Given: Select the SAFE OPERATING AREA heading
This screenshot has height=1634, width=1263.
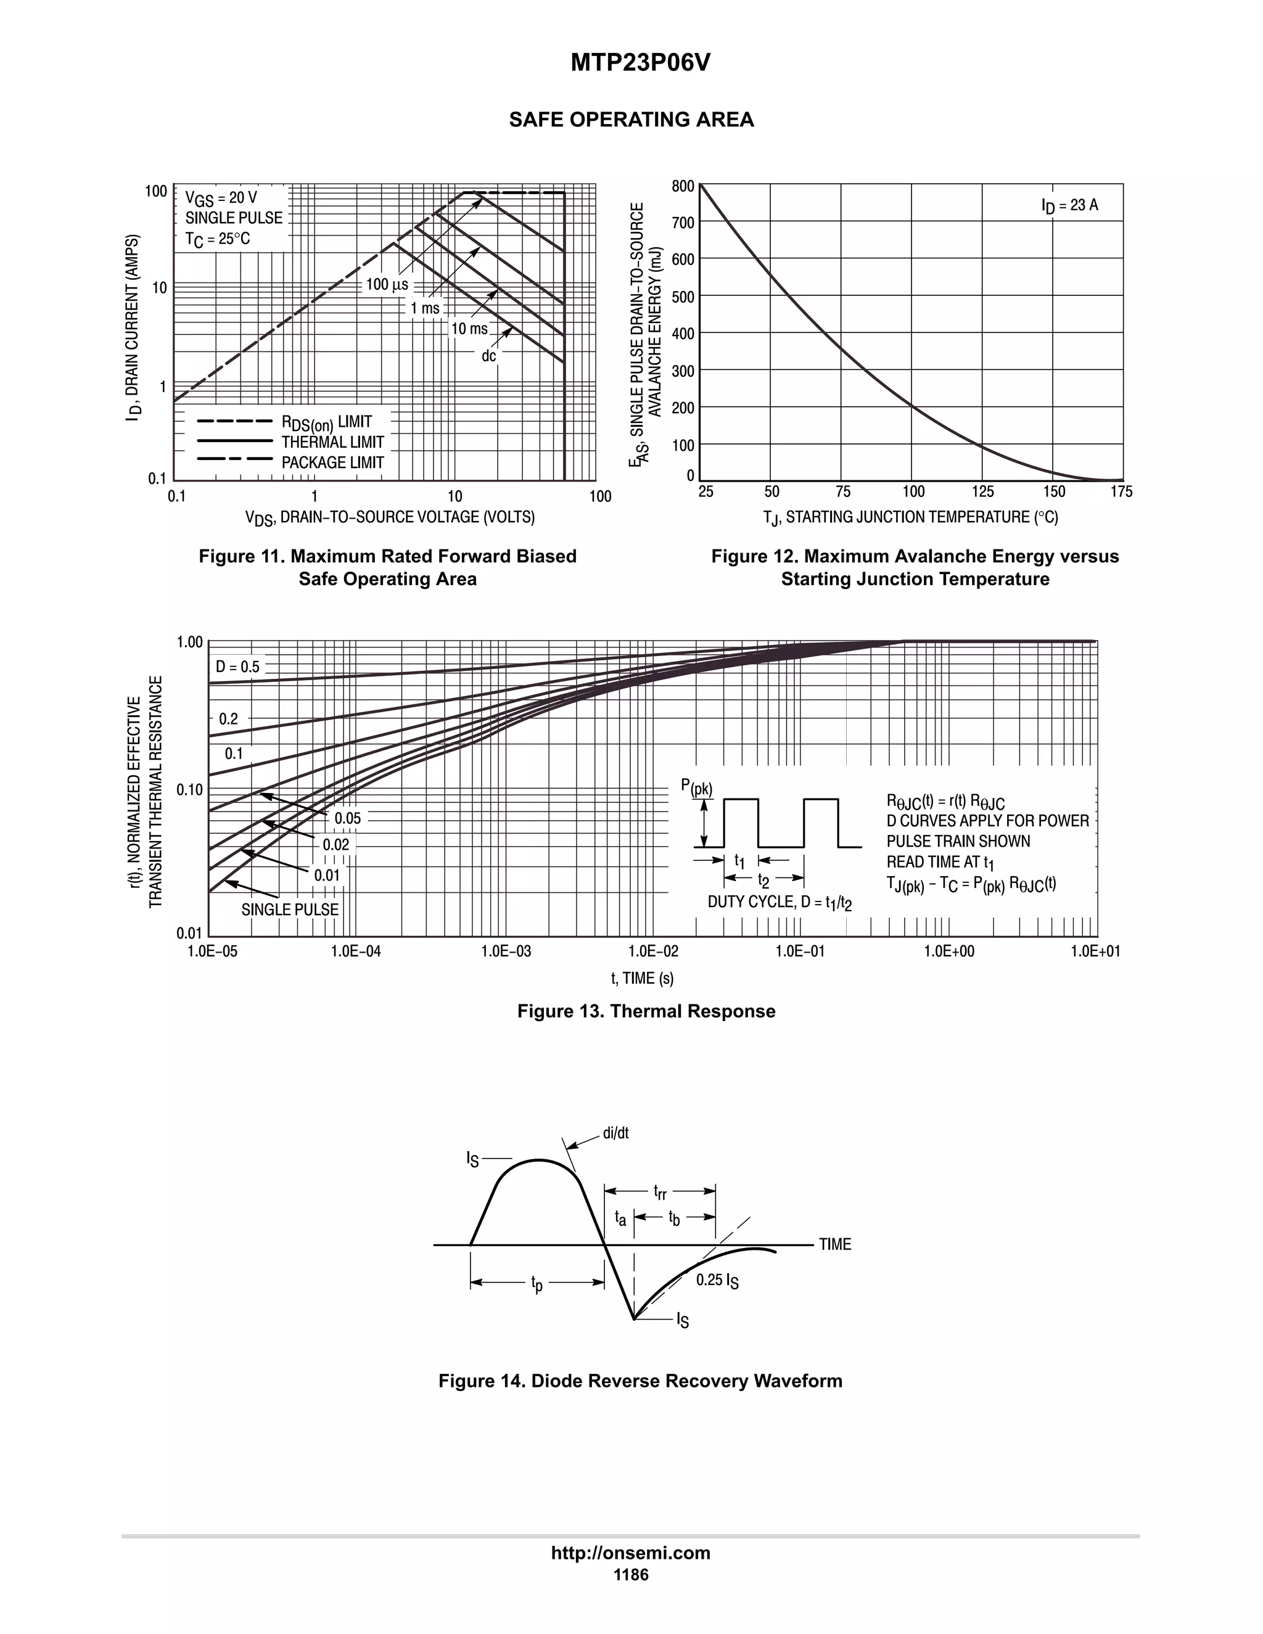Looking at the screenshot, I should pos(631,120).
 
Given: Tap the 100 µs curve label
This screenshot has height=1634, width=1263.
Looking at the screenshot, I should pos(387,284).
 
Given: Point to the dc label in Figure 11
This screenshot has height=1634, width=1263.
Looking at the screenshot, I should pos(488,356).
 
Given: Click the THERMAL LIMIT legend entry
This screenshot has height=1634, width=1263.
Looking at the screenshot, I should pos(332,442).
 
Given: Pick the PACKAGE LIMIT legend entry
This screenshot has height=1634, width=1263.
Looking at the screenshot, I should pos(332,462).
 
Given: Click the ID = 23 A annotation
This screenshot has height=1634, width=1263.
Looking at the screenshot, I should pos(1070,205).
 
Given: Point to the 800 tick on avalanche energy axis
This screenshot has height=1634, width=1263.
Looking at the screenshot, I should pos(683,186).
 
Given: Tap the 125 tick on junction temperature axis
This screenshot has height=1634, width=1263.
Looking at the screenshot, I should pos(982,491).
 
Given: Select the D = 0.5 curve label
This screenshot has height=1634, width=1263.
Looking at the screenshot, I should pos(238,667).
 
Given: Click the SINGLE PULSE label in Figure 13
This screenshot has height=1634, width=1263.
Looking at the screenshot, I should pos(290,909).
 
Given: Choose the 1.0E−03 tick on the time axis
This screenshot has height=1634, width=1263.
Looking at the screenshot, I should pos(506,951).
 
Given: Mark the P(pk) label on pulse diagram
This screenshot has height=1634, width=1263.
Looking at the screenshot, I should pos(697,787).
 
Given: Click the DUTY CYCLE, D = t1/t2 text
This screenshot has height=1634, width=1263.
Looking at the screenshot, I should pos(780,902).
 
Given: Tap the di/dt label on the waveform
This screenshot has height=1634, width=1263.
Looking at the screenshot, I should pos(616,1133).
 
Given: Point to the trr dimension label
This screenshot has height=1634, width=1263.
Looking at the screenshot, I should pos(660,1191).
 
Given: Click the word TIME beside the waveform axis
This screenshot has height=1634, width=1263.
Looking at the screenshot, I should pos(835,1244).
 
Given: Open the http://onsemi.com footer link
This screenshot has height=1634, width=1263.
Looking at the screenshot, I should pos(631,1553).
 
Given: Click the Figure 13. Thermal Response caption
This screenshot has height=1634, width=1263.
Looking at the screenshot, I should pos(646,1011).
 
